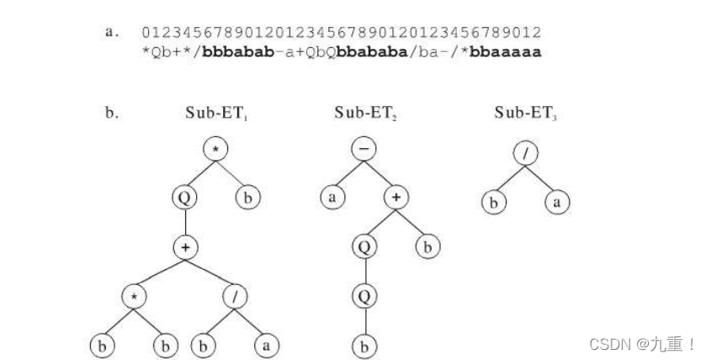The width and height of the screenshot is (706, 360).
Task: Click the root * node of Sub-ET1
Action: tap(217, 150)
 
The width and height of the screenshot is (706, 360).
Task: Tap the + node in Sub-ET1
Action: tap(187, 247)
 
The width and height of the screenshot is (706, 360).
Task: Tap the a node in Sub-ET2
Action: tap(332, 199)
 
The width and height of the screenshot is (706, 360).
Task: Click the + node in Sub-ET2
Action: tap(396, 199)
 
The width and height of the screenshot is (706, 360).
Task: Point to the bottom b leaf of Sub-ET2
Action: tap(364, 345)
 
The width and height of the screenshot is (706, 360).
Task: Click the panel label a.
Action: tap(110, 32)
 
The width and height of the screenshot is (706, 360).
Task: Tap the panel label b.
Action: tap(110, 114)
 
